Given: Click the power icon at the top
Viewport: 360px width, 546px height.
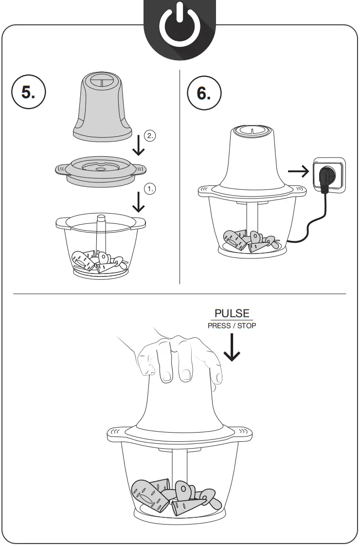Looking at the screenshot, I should (x=180, y=26).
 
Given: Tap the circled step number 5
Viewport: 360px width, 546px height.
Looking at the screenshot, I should (x=28, y=92).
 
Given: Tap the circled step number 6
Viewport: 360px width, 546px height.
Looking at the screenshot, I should (x=204, y=92).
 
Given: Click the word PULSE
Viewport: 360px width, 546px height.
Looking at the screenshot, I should (x=232, y=313).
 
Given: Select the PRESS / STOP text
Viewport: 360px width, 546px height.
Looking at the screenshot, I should (x=232, y=326).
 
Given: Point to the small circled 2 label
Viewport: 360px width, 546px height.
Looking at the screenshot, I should (x=150, y=136).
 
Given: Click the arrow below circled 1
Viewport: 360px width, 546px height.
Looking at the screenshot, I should (x=139, y=202).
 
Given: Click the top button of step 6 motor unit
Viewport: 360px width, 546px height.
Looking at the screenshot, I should (x=252, y=130).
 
